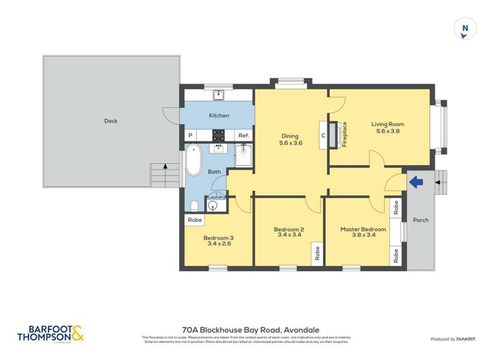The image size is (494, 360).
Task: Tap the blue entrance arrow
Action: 416,182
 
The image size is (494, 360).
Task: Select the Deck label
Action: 111,121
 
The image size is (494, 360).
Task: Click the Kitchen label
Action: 219,116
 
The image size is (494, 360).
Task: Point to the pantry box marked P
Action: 190,136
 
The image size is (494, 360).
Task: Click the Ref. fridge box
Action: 243,136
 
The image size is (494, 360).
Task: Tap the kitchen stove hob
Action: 219,136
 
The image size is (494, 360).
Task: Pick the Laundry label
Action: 217,197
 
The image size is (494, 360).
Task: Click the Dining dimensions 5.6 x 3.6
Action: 290,143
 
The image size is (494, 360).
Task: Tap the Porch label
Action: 420,220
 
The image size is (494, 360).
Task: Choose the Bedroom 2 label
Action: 288,229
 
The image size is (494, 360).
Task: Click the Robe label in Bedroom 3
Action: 194,220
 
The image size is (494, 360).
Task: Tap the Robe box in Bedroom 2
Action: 317,253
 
